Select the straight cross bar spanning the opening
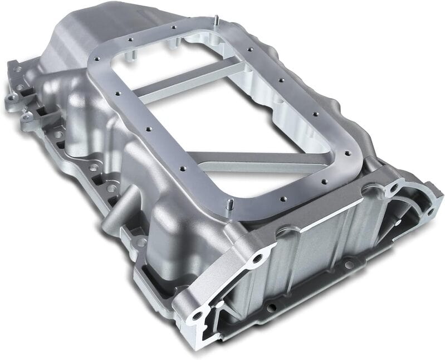pos(189,81)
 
